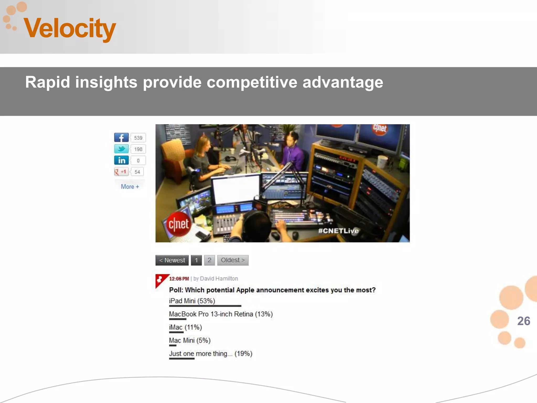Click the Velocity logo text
click(x=70, y=28)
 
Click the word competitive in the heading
click(x=252, y=82)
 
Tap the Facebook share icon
click(x=121, y=137)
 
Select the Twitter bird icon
click(x=121, y=149)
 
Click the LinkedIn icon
click(x=121, y=160)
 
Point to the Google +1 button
click(x=121, y=172)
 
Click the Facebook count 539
click(x=138, y=138)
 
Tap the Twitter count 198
click(x=138, y=149)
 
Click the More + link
click(x=130, y=187)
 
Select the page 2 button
click(x=209, y=260)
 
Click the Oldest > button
click(x=233, y=260)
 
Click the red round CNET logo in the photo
click(x=179, y=224)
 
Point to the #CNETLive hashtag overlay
click(x=338, y=231)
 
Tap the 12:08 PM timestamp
click(x=179, y=279)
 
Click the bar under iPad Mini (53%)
click(x=205, y=306)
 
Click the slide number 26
click(x=523, y=321)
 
